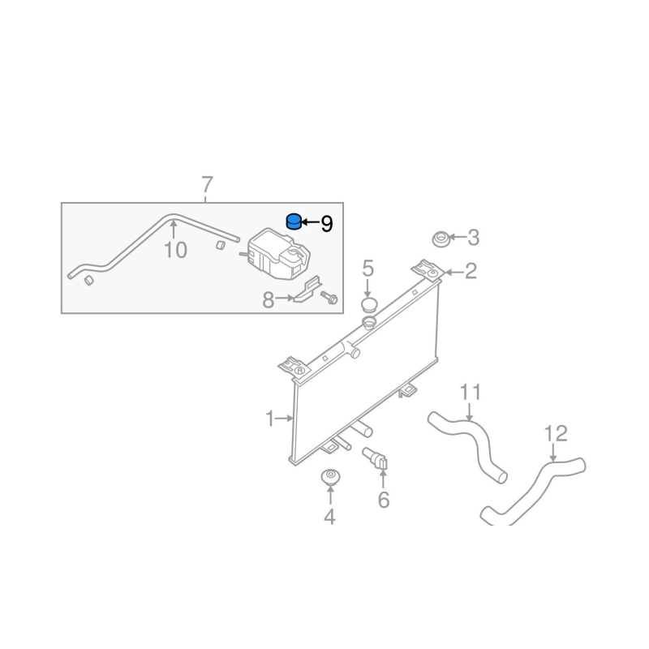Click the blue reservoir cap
(x=293, y=221)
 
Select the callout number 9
(x=327, y=224)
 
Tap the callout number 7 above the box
(x=207, y=184)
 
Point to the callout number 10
(x=175, y=249)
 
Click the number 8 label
(x=269, y=300)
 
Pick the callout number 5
(x=367, y=268)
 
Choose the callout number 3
(x=474, y=238)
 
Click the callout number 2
(x=471, y=272)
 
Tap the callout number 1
(x=270, y=419)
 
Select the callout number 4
(x=329, y=516)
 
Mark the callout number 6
(x=383, y=501)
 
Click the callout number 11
(x=471, y=393)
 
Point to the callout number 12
(x=556, y=433)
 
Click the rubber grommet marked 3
(x=441, y=239)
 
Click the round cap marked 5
(x=368, y=305)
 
